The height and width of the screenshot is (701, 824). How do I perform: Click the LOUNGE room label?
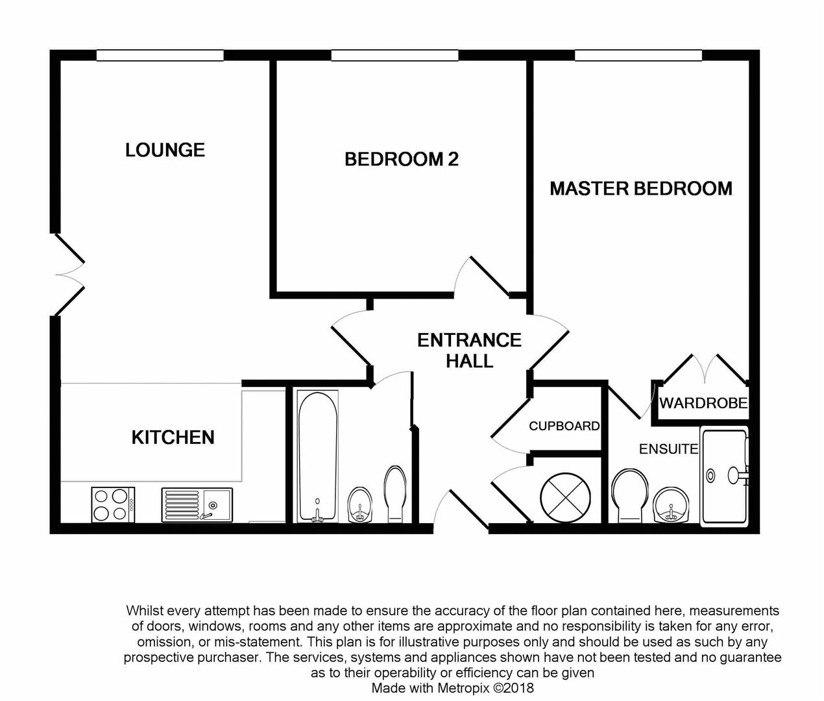point(165,150)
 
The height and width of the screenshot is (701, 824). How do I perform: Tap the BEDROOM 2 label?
point(401,159)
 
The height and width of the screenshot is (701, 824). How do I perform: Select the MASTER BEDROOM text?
point(640,189)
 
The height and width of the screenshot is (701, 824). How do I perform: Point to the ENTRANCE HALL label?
point(469,350)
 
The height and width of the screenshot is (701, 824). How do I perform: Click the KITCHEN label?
point(173,437)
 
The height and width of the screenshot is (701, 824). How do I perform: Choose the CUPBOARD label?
point(564,426)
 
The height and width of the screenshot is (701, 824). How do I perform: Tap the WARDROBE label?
point(703,403)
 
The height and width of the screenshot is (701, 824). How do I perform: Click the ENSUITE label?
point(668,449)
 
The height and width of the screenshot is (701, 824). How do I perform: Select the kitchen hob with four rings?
point(113,505)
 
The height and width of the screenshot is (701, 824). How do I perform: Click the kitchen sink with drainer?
point(197,505)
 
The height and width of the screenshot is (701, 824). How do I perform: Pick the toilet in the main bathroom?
point(394,493)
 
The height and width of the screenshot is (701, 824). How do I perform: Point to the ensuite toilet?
point(629,495)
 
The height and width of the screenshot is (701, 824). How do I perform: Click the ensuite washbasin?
point(671,506)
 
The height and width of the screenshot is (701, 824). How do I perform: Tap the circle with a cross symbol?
point(565,497)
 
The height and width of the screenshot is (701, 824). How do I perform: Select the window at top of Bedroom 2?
point(394,56)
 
